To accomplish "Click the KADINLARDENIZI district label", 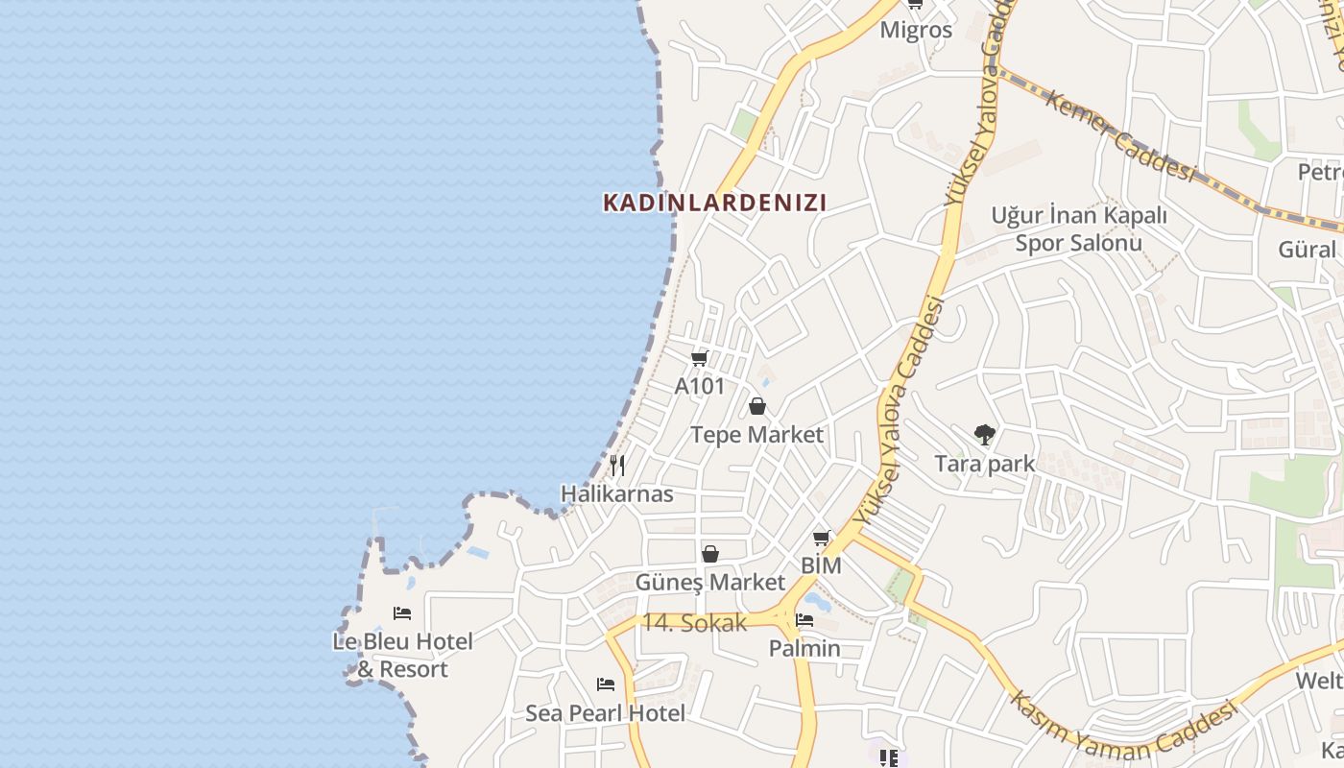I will pos(714,203).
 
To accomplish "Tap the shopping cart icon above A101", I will pos(699,358).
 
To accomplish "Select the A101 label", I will pos(699,386).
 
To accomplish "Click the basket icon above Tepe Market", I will pos(757,406).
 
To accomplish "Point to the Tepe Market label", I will pos(756,435).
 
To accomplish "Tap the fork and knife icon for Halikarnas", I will pos(617,467).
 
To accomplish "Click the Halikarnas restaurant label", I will pos(617,494).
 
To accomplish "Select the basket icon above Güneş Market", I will pos(710,554).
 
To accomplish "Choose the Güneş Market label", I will pos(710,583).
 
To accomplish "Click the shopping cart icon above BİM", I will pos(821,539).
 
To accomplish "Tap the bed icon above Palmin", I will pos(804,620).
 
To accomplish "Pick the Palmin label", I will pos(804,649).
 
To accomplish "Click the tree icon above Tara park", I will pos(984,435).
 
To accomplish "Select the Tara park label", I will pos(985,464).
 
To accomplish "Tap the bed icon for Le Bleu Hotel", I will pos(402,612).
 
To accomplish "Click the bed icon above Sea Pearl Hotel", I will pos(605,684).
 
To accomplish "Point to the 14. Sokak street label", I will pos(694,623).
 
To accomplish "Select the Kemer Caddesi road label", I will pos(1120,135).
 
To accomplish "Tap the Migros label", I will pos(916,30).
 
